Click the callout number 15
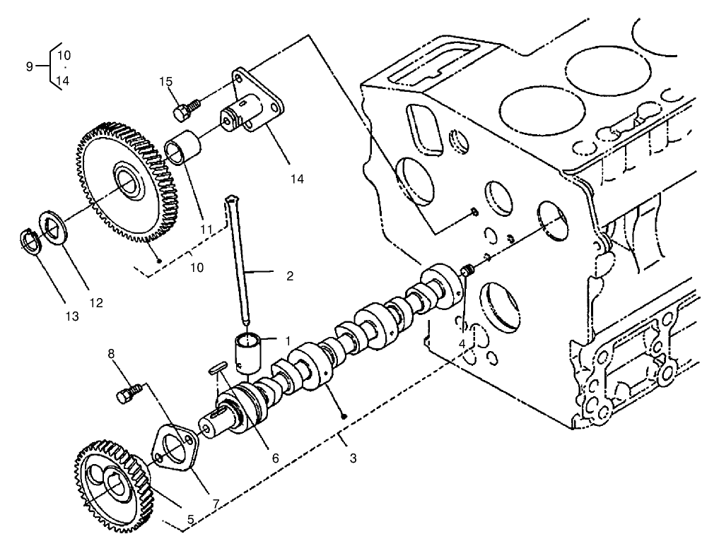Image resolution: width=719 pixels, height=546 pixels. [165, 82]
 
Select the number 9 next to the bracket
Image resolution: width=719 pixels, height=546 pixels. [29, 66]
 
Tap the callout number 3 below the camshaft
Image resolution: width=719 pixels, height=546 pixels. [353, 458]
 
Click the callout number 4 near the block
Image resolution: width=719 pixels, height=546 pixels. [461, 343]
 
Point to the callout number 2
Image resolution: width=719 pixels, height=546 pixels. [289, 275]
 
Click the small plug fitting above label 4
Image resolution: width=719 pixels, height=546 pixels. [467, 271]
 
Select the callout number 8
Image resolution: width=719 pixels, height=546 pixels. [110, 353]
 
